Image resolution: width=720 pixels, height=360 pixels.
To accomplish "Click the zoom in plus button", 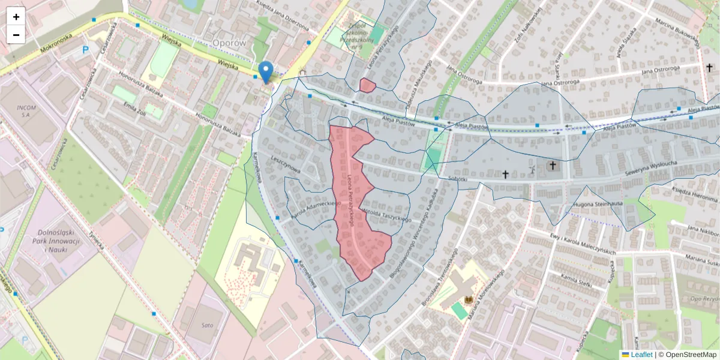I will tap(16, 17).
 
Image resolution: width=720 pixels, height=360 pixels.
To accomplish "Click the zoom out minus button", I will tap(16, 35).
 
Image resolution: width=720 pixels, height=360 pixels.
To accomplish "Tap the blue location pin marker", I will tap(266, 71).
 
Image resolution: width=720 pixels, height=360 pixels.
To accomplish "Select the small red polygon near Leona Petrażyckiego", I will tap(367, 85).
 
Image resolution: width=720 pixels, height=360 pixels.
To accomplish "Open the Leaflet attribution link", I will tap(637, 355).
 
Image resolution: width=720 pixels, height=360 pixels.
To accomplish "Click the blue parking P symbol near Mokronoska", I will tap(85, 52).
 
